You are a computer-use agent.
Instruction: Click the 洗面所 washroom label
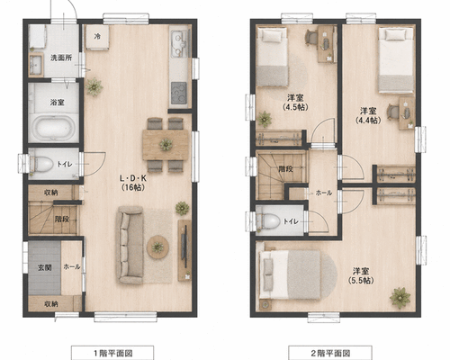click(x=61, y=58)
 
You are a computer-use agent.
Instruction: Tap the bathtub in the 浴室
click(x=54, y=128)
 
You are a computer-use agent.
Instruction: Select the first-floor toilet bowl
click(x=42, y=164)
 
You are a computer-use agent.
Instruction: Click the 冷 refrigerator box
click(x=97, y=37)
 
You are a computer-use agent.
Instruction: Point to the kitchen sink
click(x=179, y=43)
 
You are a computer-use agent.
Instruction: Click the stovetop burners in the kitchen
click(x=179, y=93)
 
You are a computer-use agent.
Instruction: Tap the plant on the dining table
click(x=166, y=145)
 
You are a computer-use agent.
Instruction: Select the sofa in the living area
click(x=130, y=245)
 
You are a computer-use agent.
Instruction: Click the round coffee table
click(x=157, y=247)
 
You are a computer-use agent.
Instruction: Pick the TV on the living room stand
click(x=184, y=247)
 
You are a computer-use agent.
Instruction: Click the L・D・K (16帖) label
click(x=133, y=183)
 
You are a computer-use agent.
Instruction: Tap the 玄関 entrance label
click(x=45, y=267)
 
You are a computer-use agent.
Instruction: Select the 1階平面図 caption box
click(x=112, y=353)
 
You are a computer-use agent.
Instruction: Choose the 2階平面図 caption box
click(x=330, y=353)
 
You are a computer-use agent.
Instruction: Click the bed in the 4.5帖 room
click(x=273, y=58)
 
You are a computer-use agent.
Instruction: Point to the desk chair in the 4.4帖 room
click(x=392, y=112)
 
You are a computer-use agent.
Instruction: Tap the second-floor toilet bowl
click(x=268, y=220)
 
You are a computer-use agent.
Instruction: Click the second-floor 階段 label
click(x=285, y=168)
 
